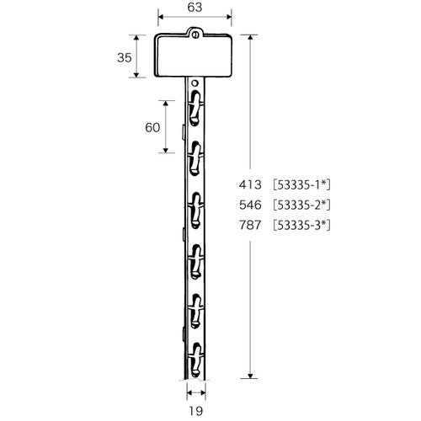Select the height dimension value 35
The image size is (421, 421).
[x=124, y=57]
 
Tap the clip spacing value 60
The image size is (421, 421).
[x=152, y=127]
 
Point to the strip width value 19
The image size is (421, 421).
[x=195, y=412]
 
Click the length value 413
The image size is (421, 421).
[x=251, y=184]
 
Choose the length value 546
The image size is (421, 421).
[x=251, y=205]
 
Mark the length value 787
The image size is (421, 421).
[x=251, y=225]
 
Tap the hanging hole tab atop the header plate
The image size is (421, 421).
[x=195, y=34]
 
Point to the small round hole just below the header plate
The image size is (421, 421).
[x=195, y=84]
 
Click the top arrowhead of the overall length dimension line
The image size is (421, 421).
[x=251, y=38]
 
